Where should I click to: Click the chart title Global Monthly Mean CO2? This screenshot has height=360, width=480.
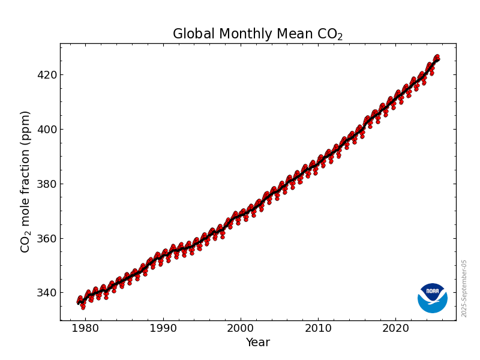point(257,34)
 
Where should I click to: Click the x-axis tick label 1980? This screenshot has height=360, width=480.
point(85,328)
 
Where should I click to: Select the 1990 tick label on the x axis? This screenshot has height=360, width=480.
point(163,328)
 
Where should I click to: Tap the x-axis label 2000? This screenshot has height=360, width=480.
point(241,328)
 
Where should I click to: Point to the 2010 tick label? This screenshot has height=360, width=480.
point(319,328)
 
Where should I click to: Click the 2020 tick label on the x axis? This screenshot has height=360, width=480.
point(396,328)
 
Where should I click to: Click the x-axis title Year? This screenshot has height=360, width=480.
point(257,343)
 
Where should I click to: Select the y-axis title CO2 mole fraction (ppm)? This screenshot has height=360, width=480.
point(25,181)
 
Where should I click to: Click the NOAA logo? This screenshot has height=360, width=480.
point(432,298)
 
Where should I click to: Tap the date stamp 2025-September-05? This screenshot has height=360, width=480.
point(464,288)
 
